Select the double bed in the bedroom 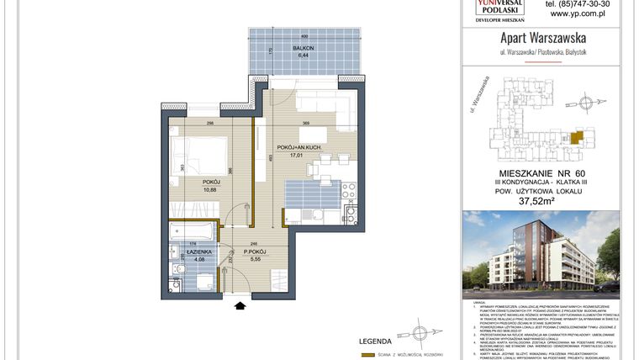pyautogui.click(x=200, y=157)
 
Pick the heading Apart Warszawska pyautogui.click(x=542, y=38)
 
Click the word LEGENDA pyautogui.click(x=375, y=342)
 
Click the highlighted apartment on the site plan pyautogui.click(x=576, y=136)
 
